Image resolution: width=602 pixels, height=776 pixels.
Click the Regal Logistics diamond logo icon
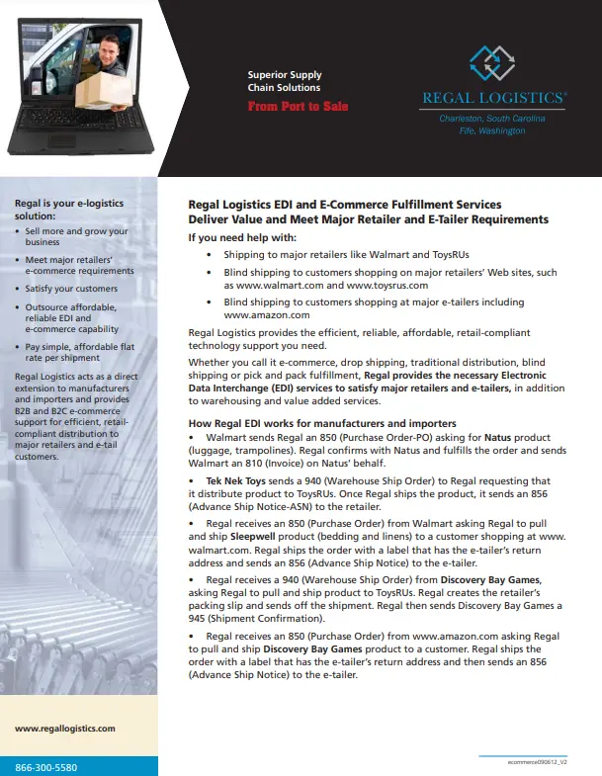pyautogui.click(x=491, y=63)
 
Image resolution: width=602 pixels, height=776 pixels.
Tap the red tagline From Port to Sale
pyautogui.click(x=298, y=106)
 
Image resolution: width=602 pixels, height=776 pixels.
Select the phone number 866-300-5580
pyautogui.click(x=46, y=767)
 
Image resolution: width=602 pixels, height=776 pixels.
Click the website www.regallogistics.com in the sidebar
pyautogui.click(x=65, y=729)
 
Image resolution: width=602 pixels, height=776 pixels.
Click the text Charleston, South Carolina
pyautogui.click(x=491, y=119)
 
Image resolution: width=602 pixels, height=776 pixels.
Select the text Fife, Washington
pyautogui.click(x=492, y=130)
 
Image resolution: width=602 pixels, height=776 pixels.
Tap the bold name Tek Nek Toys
pyautogui.click(x=236, y=478)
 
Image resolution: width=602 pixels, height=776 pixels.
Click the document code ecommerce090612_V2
pyautogui.click(x=535, y=763)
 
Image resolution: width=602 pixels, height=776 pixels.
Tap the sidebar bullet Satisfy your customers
pyautogui.click(x=71, y=289)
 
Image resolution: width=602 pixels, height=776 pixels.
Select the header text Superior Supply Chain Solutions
pyautogui.click(x=285, y=81)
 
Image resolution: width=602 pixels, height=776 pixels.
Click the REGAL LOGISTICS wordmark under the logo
pyautogui.click(x=493, y=98)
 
